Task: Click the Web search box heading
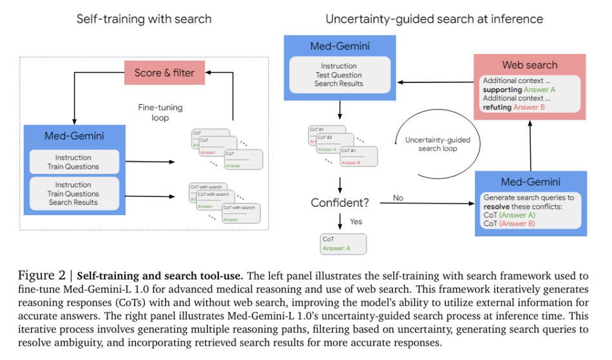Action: click(x=529, y=65)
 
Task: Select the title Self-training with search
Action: click(x=144, y=19)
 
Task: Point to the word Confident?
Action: click(x=340, y=202)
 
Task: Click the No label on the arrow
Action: click(x=398, y=198)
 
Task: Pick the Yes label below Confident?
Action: click(x=356, y=222)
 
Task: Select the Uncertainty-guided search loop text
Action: click(x=437, y=144)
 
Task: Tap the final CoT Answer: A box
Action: click(x=343, y=243)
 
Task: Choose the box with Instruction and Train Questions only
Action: click(x=74, y=162)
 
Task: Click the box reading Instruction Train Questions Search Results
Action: click(x=74, y=193)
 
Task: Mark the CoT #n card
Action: click(x=353, y=155)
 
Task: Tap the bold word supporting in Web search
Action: click(x=502, y=90)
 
